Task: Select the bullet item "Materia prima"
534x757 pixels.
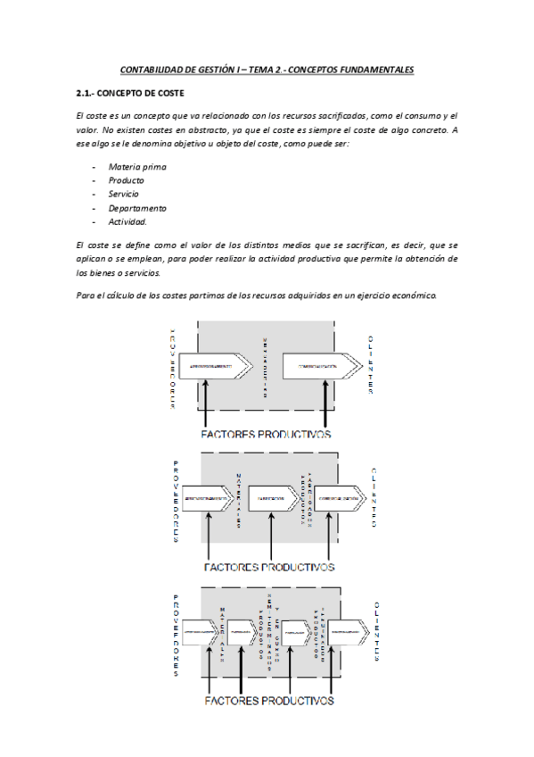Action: (x=136, y=166)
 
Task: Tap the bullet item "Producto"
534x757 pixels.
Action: (x=126, y=180)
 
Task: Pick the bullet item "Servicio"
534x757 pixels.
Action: (x=125, y=194)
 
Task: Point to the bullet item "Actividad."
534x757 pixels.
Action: (x=127, y=221)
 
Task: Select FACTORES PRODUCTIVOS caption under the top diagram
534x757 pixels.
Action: (x=267, y=434)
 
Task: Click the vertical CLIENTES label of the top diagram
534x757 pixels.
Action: (x=370, y=364)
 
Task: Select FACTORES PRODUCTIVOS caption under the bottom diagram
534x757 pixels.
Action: (x=268, y=701)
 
